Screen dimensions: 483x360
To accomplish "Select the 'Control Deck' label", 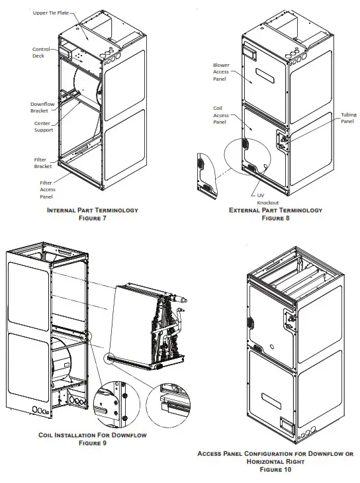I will (x=42, y=53).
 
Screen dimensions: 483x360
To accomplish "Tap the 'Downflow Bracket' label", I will (x=42, y=108).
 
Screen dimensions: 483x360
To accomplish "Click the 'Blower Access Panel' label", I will (x=220, y=71).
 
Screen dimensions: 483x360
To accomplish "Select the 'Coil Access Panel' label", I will (x=220, y=114).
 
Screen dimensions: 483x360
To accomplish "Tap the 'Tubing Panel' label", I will (x=347, y=118).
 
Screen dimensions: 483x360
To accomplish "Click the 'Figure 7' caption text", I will (x=92, y=217).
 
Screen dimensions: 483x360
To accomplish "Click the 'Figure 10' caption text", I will (x=275, y=469).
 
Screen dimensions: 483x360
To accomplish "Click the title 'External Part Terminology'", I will (x=275, y=210).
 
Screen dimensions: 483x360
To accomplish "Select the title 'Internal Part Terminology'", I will (x=92, y=210).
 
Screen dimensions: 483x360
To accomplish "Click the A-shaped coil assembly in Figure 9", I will (x=149, y=324).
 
